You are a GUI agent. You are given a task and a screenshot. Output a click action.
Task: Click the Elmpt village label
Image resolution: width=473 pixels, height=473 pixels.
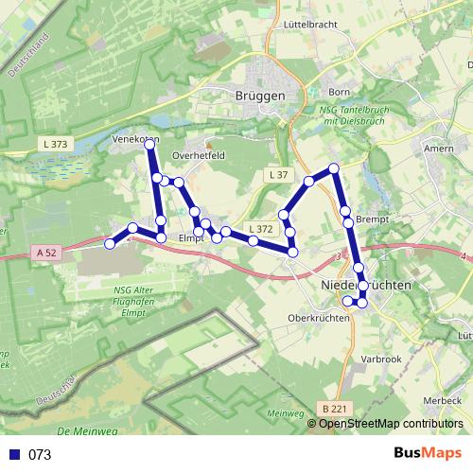pyautogui.click(x=191, y=238)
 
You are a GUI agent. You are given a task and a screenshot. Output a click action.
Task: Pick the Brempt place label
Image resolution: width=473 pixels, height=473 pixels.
pyautogui.click(x=373, y=219)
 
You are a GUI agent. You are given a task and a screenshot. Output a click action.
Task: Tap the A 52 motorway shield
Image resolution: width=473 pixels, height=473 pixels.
pyautogui.click(x=49, y=252)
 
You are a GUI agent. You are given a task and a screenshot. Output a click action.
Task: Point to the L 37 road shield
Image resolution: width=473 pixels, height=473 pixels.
pyautogui.click(x=277, y=175)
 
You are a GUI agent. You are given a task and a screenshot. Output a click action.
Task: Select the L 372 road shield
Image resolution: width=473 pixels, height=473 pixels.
pyautogui.click(x=260, y=229)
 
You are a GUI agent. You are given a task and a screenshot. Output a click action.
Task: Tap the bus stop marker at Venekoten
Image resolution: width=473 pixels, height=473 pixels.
pyautogui.click(x=150, y=143)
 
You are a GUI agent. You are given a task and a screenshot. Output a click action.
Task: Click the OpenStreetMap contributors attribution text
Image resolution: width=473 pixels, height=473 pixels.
pyautogui.click(x=390, y=423)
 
